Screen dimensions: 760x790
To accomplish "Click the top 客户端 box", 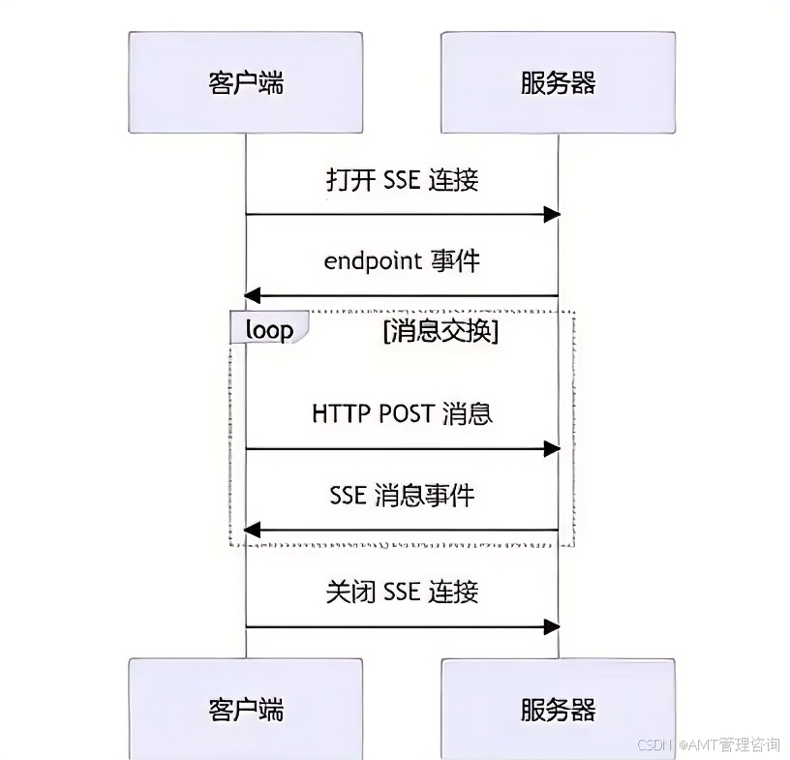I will pos(246,82).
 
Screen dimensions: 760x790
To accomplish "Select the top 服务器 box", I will pos(558,82).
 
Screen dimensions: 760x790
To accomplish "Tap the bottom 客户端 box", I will pos(246,709).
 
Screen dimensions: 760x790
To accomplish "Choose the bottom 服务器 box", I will pos(558,709).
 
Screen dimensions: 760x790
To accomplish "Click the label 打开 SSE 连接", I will pos(402,180).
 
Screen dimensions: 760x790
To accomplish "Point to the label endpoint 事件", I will pos(402,260).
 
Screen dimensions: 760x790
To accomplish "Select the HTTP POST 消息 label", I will pos(402,413).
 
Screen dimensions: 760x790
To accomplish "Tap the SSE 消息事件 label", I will pos(402,496).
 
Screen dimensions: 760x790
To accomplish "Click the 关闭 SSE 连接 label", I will pos(402,592).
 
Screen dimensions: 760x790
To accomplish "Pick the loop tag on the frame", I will pos(269,329).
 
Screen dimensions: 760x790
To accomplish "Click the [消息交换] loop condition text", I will pos(441,330).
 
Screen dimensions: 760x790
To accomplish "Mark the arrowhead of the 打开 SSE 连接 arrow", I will pos(552,214).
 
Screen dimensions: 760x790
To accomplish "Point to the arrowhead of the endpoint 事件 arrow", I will pos(253,295).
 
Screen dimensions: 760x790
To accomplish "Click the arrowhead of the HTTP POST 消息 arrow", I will pos(552,448).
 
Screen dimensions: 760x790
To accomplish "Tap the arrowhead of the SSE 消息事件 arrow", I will pos(253,530).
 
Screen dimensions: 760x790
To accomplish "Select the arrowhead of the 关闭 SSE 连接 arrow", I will pos(552,626).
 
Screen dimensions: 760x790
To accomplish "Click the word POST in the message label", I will pos(403,413).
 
